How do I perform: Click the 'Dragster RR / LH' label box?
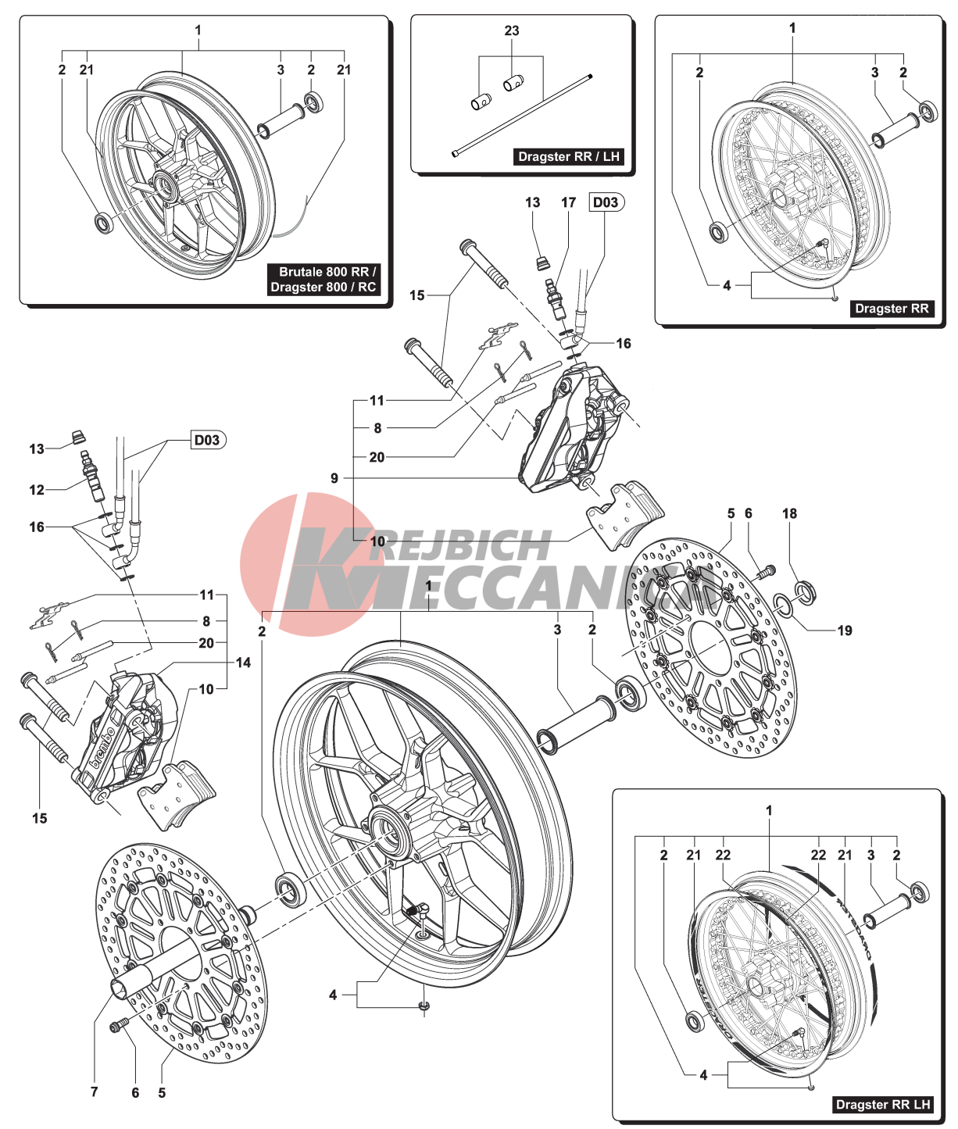click(x=568, y=156)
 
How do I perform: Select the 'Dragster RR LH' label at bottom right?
click(x=883, y=1104)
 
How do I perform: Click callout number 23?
click(x=512, y=30)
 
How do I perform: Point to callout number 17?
click(x=568, y=202)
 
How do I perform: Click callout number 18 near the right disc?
click(x=789, y=513)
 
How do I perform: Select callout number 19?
click(x=845, y=631)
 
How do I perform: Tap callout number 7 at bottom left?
click(x=95, y=1091)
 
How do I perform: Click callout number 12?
click(x=37, y=490)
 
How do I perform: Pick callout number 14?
click(x=243, y=663)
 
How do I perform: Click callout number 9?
click(x=334, y=477)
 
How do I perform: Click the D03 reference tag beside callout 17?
click(x=606, y=202)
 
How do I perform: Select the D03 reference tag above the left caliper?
click(x=207, y=440)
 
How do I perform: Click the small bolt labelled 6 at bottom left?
click(x=119, y=1025)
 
